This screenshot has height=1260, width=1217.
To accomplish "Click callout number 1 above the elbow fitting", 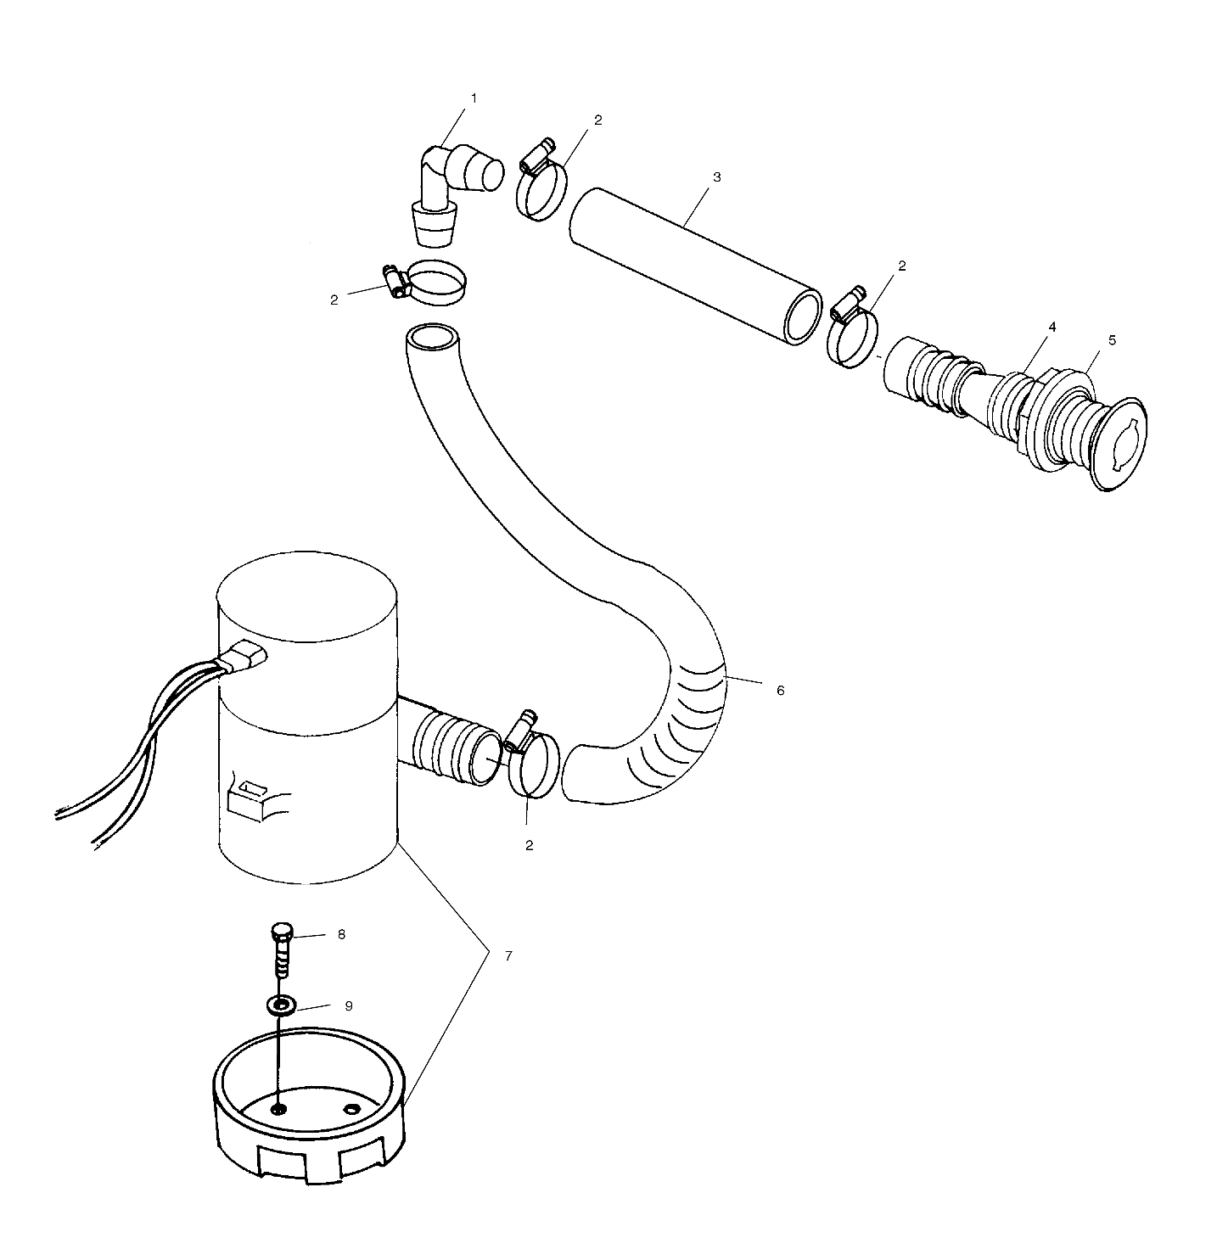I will coord(474,98).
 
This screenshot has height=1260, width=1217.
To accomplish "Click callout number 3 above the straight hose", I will coord(717,177).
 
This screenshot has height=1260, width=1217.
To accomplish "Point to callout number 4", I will coord(1052,327).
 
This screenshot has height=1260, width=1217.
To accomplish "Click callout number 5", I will coord(1112,340).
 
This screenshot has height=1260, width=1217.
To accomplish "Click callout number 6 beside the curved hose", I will coord(781,690).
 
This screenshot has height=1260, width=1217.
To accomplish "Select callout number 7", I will coord(508,955).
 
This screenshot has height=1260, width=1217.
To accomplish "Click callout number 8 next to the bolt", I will coord(341,934).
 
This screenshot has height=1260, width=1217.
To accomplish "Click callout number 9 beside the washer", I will coord(348,1005).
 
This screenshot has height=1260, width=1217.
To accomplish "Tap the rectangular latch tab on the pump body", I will coord(251,798).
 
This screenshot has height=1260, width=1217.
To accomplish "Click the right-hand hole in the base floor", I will coord(351,1108).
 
